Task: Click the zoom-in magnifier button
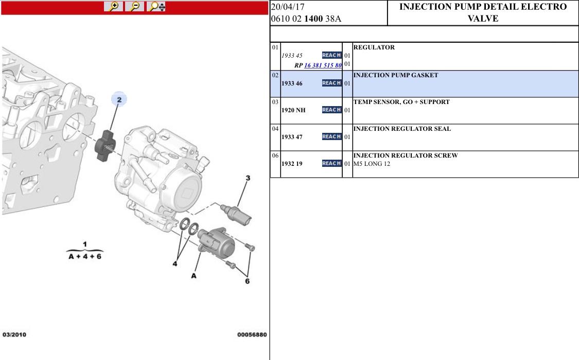point(113,6)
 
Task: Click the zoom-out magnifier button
point(135,6)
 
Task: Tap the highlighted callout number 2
point(119,99)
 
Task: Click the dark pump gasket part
point(106,145)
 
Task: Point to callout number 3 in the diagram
point(248,178)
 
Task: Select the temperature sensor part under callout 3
point(236,214)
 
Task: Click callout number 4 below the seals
point(174,264)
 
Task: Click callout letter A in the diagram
point(194,276)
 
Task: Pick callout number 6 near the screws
point(247,281)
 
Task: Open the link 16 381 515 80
point(323,65)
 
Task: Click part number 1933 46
point(292,83)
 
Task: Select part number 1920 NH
point(293,110)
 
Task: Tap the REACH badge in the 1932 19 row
point(331,163)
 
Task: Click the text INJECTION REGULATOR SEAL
point(402,129)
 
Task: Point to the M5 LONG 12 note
point(372,164)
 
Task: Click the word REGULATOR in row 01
point(374,47)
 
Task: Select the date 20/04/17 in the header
point(288,7)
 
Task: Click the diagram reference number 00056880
point(252,334)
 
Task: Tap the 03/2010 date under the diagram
point(14,334)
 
